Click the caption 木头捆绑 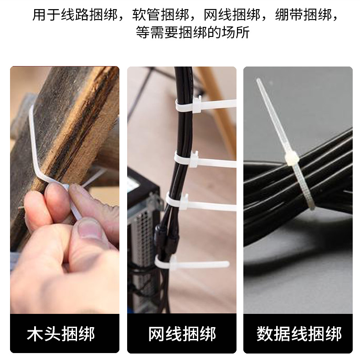61,334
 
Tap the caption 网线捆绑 182,334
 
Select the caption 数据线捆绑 299,334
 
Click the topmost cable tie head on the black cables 197,104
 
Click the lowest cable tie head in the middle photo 173,263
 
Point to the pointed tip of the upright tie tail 258,80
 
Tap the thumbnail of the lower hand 89,229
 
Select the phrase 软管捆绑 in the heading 161,15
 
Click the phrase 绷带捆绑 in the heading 303,15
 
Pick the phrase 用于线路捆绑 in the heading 75,15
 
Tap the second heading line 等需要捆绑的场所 193,32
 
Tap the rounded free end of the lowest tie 226,264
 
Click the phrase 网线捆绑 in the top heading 232,15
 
